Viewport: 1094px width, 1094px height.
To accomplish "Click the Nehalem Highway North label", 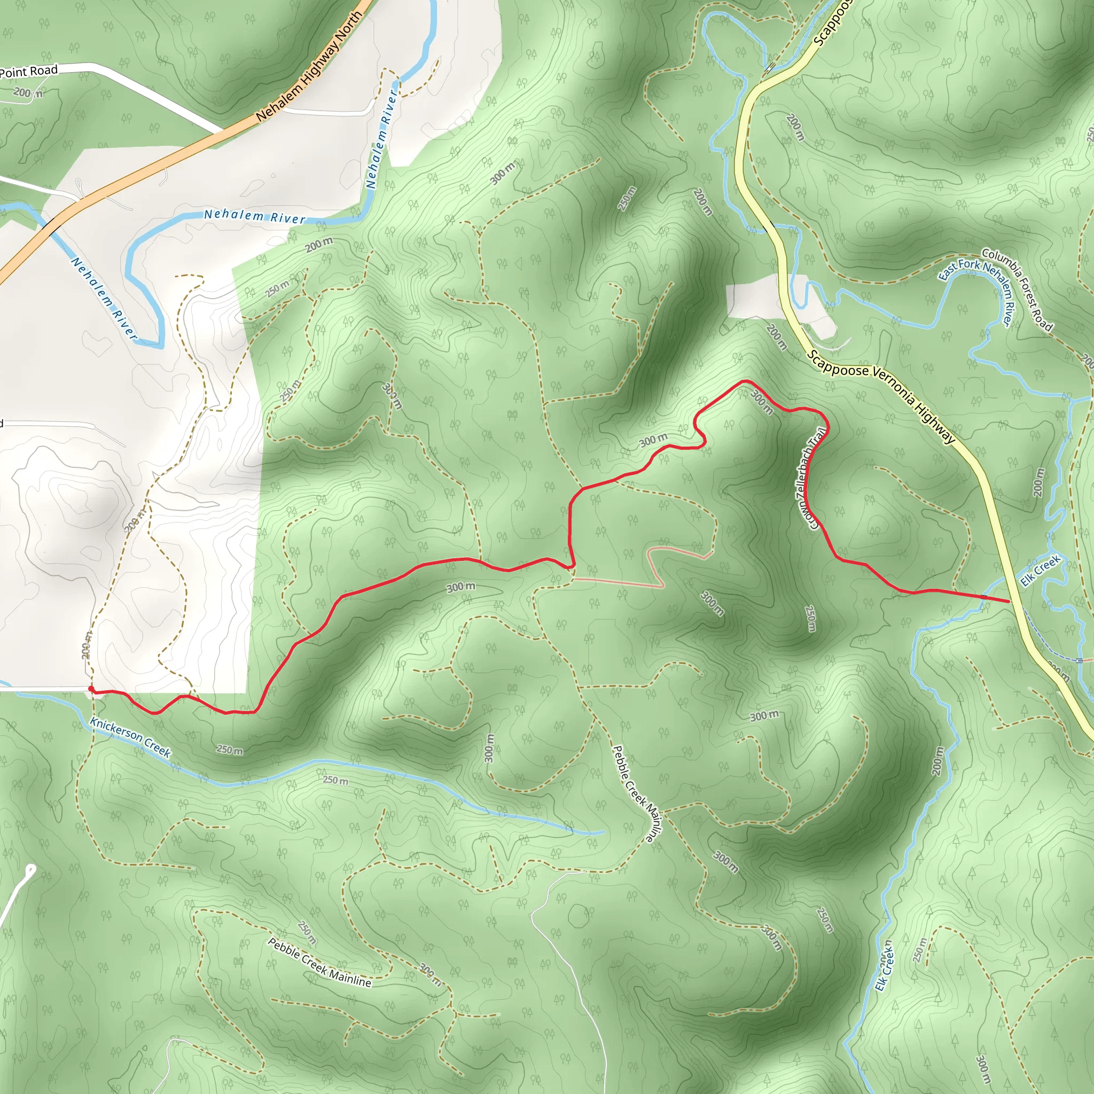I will click(309, 67).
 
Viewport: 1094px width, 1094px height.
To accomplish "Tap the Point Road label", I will click(28, 72).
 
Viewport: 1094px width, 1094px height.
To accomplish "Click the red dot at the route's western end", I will click(91, 689).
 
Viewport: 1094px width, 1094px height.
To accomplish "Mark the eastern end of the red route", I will click(1009, 601).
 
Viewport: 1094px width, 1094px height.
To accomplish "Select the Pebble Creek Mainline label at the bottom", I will click(319, 962).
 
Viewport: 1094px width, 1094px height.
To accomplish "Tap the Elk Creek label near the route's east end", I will click(1040, 571).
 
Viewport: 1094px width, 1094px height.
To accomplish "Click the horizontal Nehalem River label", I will click(254, 216).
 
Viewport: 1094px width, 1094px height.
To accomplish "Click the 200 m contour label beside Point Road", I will click(27, 93).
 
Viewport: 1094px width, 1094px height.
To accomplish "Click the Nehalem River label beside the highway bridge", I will click(104, 299).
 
